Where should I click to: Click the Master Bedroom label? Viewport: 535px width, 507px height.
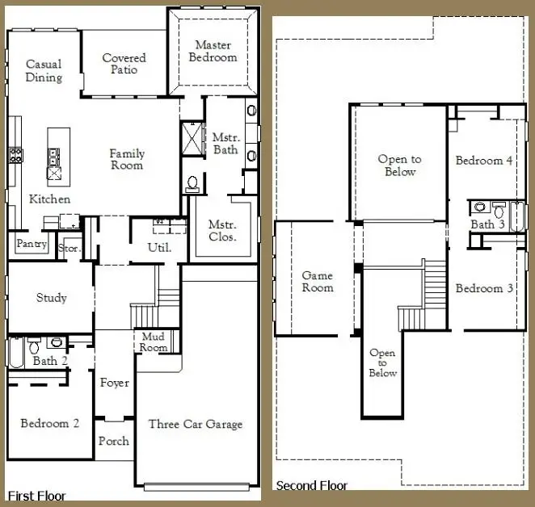click(x=213, y=52)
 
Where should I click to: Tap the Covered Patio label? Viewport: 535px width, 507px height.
click(x=124, y=64)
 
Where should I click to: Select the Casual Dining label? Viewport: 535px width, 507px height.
click(x=44, y=71)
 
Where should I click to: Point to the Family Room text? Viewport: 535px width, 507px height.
click(x=127, y=159)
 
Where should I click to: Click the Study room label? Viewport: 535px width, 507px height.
click(x=52, y=298)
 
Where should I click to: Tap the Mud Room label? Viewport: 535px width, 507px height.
click(x=154, y=342)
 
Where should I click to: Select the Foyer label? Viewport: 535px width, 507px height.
click(x=114, y=383)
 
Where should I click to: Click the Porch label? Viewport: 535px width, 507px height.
click(x=114, y=442)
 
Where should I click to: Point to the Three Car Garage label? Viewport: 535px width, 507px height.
click(x=195, y=424)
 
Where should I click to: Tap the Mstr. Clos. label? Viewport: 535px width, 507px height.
click(x=222, y=231)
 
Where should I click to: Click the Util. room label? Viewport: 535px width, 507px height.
click(x=159, y=248)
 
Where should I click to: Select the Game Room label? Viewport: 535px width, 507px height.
click(x=317, y=282)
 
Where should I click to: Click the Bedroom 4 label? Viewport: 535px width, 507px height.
click(x=484, y=161)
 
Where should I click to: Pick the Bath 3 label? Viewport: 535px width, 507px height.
click(x=487, y=224)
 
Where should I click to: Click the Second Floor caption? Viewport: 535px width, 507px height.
click(x=311, y=485)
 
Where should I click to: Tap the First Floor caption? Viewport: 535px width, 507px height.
click(x=36, y=495)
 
